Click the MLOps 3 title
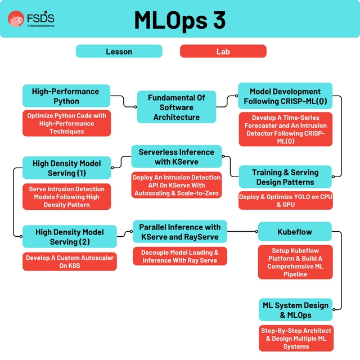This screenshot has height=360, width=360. (x=180, y=20)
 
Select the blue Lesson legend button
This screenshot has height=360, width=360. (x=119, y=52)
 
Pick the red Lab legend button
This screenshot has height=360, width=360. (x=223, y=52)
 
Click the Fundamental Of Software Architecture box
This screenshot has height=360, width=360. (x=176, y=107)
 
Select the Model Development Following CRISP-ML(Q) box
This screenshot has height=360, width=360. (x=285, y=96)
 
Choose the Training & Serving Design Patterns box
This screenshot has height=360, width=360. (x=285, y=177)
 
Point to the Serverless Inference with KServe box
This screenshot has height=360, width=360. (x=176, y=157)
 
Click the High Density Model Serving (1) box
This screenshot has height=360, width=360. (x=66, y=168)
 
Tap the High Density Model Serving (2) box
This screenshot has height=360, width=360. (x=70, y=237)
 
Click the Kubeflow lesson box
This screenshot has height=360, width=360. (x=294, y=231)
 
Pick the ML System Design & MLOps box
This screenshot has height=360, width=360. (x=295, y=310)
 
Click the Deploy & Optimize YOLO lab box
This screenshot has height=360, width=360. (x=285, y=201)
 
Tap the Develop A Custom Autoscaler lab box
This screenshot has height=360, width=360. (x=70, y=262)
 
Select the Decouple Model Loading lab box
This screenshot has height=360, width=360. (x=180, y=256)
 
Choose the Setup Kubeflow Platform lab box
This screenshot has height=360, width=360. (x=295, y=263)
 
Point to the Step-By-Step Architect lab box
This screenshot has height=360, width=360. (x=295, y=338)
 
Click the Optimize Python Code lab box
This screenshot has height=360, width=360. (x=66, y=123)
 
